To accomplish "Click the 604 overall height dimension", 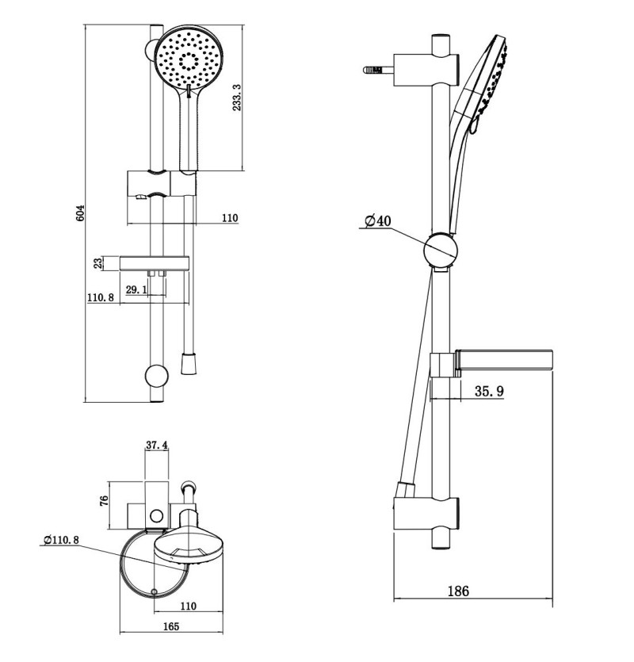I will click(79, 213).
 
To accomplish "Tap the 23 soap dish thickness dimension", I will click(98, 263).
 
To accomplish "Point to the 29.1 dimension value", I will click(136, 290).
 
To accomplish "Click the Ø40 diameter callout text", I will click(378, 221).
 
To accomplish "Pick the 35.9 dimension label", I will click(490, 391).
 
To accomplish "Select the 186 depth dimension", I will click(458, 591).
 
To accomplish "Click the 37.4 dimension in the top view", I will click(157, 446).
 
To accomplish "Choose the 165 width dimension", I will click(170, 626).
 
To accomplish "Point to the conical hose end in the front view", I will click(188, 364).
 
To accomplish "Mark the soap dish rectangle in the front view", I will click(154, 263).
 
